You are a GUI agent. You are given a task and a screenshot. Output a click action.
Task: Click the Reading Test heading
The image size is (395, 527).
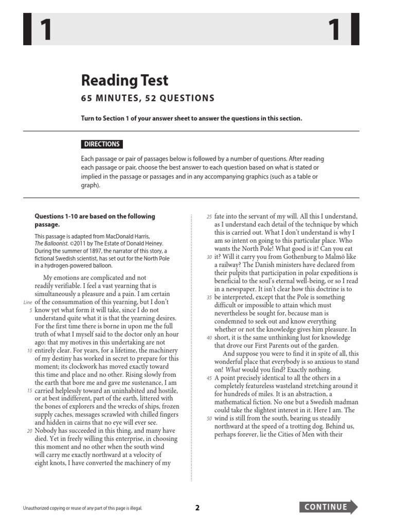pyautogui.click(x=124, y=80)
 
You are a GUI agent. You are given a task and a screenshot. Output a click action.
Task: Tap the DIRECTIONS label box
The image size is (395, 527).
pyautogui.click(x=102, y=144)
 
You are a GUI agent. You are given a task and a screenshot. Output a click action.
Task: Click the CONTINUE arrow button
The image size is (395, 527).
pyautogui.click(x=329, y=507)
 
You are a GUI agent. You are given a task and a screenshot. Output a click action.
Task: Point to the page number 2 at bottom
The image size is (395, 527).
pyautogui.click(x=197, y=507)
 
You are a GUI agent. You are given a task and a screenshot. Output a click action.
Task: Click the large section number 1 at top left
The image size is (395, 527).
pyautogui.click(x=45, y=30)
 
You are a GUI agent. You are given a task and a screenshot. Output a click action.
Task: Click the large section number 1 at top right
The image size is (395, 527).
pyautogui.click(x=335, y=30)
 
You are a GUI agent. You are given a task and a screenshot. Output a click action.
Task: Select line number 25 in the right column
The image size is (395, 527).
pyautogui.click(x=209, y=217)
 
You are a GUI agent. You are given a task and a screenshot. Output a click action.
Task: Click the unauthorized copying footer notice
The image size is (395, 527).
pyautogui.click(x=82, y=508)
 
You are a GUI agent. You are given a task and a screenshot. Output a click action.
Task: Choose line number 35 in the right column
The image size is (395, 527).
pyautogui.click(x=209, y=297)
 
